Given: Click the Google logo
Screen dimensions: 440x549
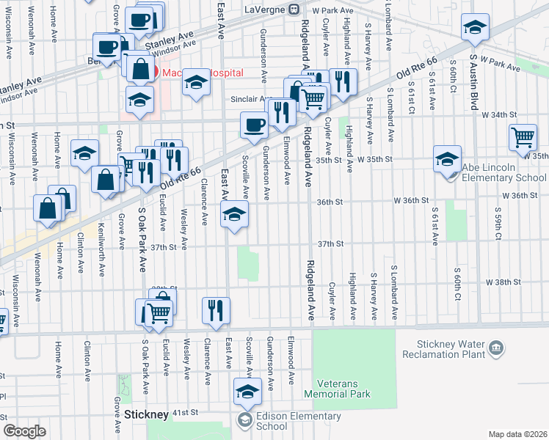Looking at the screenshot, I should coord(24,431).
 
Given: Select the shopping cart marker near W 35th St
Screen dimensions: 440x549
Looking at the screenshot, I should coord(523,137).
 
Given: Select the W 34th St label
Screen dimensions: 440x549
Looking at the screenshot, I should coord(499,115).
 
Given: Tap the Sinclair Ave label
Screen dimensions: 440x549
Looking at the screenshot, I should coord(255,99).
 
